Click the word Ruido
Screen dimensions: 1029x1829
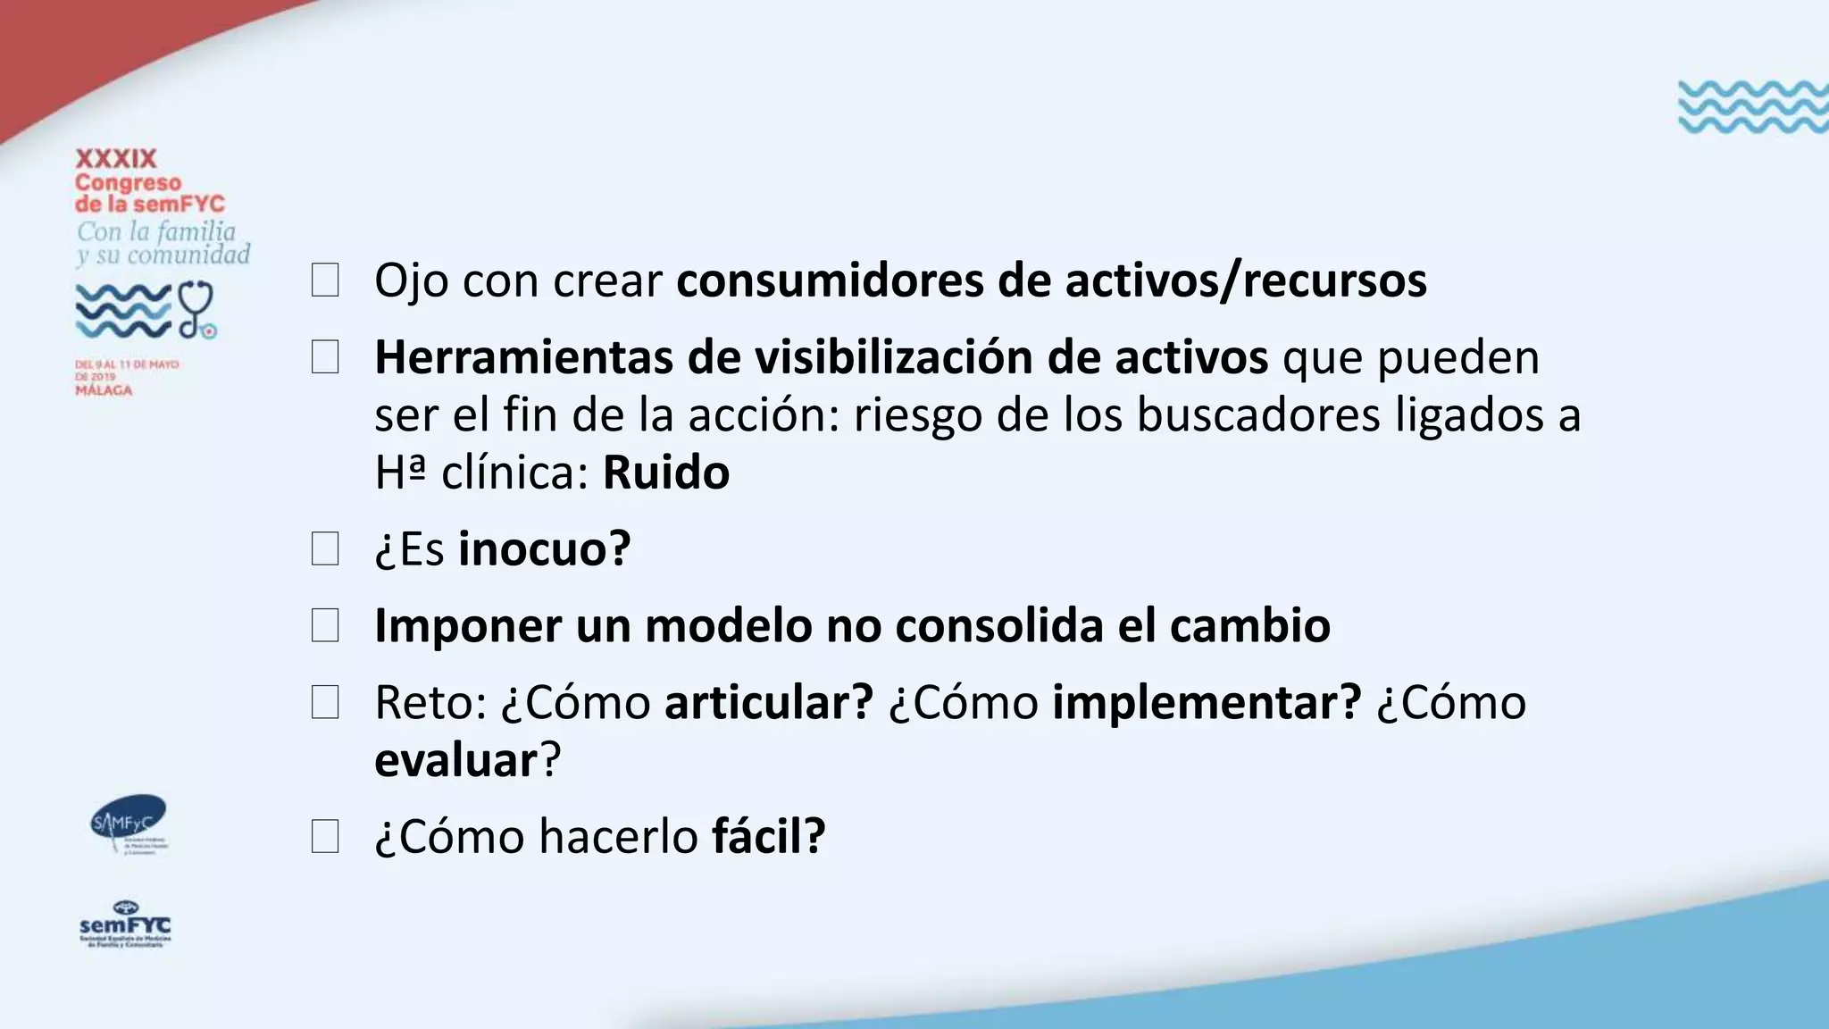(x=666, y=473)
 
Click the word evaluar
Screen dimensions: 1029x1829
(x=455, y=760)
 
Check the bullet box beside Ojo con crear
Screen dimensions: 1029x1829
(x=325, y=280)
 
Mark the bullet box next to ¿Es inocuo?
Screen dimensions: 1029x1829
(x=325, y=548)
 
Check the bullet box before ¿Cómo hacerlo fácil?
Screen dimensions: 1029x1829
(x=325, y=837)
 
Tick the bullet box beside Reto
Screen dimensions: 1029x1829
(x=325, y=702)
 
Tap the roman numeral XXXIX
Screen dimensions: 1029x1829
(x=116, y=159)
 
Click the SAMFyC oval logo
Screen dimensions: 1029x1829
(x=129, y=820)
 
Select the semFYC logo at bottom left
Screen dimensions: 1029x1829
(x=125, y=924)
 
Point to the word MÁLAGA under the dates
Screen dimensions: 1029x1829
(x=104, y=390)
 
